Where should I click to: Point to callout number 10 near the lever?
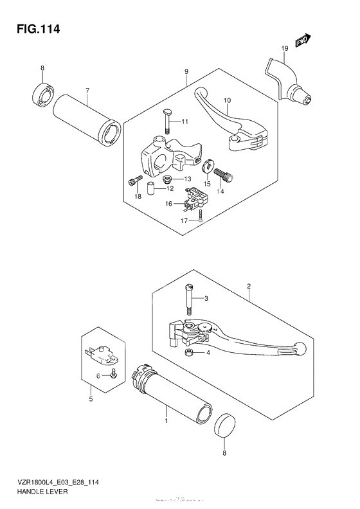click(226, 100)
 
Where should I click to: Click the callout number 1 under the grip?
click(166, 421)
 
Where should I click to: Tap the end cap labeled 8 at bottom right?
click(224, 425)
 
